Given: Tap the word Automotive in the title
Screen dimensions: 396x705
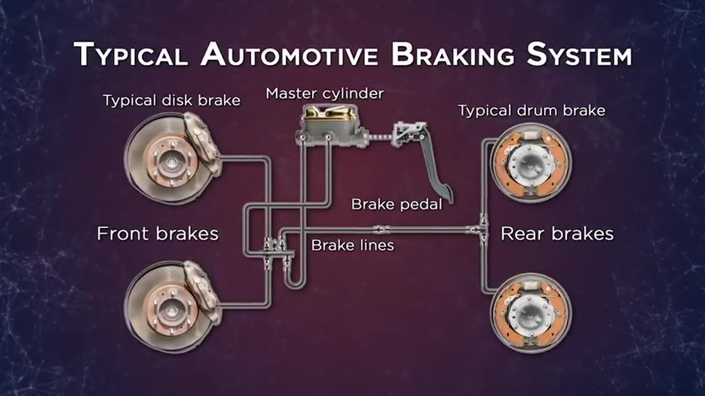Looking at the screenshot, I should pyautogui.click(x=289, y=56).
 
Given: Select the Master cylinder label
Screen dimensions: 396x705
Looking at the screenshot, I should pyautogui.click(x=324, y=94).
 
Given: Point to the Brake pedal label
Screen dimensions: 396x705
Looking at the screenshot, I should pyautogui.click(x=397, y=205).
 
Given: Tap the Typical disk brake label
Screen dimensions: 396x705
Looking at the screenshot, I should pyautogui.click(x=171, y=101).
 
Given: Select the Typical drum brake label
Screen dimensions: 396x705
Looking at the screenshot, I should pyautogui.click(x=532, y=111).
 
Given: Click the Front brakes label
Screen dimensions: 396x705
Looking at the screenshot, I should pyautogui.click(x=158, y=234).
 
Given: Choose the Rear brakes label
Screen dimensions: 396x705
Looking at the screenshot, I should pyautogui.click(x=557, y=234).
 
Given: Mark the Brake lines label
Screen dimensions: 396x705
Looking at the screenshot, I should pyautogui.click(x=352, y=245).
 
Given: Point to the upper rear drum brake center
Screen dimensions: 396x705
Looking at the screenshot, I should pyautogui.click(x=530, y=163).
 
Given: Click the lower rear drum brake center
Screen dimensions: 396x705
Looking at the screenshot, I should pyautogui.click(x=530, y=313).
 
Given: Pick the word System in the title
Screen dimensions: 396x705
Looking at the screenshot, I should pyautogui.click(x=578, y=56).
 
